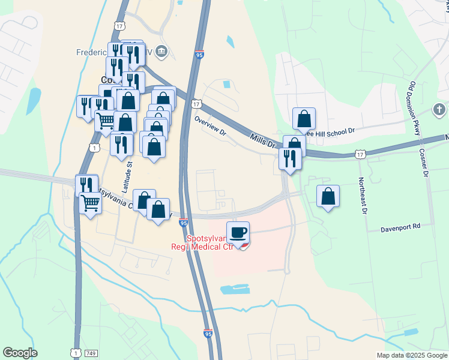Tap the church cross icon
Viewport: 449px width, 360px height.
(439, 110)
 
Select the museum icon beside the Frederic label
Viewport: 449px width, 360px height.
(161, 52)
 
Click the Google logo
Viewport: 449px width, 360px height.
(20, 353)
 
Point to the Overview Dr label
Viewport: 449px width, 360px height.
(209, 125)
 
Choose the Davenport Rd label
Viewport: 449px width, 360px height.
(400, 229)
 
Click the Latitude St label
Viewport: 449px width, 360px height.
(127, 179)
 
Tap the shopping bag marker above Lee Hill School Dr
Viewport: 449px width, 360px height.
(304, 118)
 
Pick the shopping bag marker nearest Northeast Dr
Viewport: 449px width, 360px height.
(328, 196)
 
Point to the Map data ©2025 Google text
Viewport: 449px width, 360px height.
(412, 355)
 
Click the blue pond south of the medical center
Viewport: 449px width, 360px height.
(235, 289)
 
